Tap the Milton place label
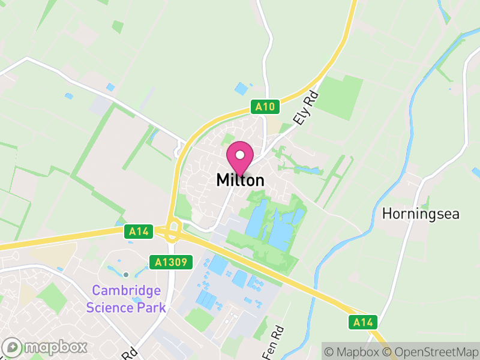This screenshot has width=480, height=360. click(240, 180)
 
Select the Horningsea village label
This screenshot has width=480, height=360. click(421, 214)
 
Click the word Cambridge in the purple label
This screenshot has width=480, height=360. click(126, 291)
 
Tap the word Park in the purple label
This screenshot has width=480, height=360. click(152, 308)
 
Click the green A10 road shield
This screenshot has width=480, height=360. click(265, 107)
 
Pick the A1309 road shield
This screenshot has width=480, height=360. click(173, 262)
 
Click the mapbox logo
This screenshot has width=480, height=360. click(46, 347)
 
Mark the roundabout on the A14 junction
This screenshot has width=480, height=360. click(174, 231)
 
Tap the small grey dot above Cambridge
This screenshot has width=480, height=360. click(126, 275)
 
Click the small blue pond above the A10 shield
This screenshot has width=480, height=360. click(241, 89)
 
